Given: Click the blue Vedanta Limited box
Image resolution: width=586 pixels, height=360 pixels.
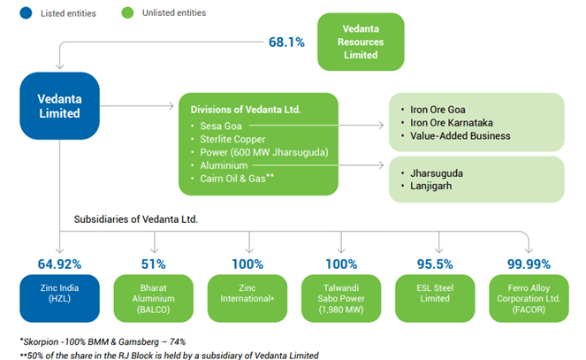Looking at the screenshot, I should tap(58, 106).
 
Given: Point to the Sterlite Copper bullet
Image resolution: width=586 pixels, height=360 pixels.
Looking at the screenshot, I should tap(233, 140).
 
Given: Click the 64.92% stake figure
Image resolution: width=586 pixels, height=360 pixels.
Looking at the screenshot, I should tap(58, 264).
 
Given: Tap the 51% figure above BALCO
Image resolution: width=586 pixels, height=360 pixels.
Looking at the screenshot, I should tap(153, 264).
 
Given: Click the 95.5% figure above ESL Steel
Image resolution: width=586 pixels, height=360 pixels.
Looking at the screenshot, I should tap(434, 264).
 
